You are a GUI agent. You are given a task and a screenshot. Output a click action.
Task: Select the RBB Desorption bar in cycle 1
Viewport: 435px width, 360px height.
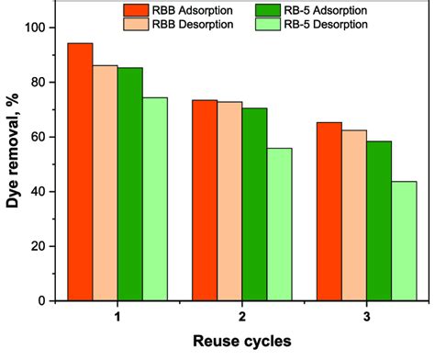[105, 183]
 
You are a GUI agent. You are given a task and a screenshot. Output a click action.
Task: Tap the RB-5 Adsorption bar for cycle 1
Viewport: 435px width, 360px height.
[130, 184]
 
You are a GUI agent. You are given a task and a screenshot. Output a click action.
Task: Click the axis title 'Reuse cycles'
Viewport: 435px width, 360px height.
[242, 341]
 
